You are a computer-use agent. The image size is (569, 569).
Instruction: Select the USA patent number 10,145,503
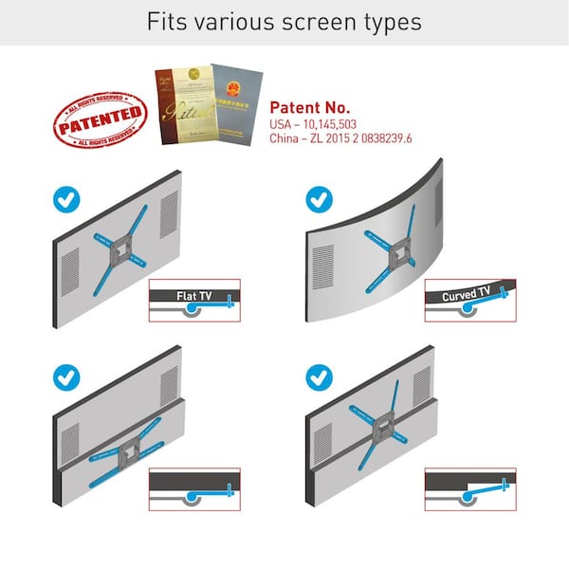coord(320,125)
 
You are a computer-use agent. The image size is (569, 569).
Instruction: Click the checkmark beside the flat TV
coord(65,199)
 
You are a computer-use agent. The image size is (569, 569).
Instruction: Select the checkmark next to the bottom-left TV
coord(65,377)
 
